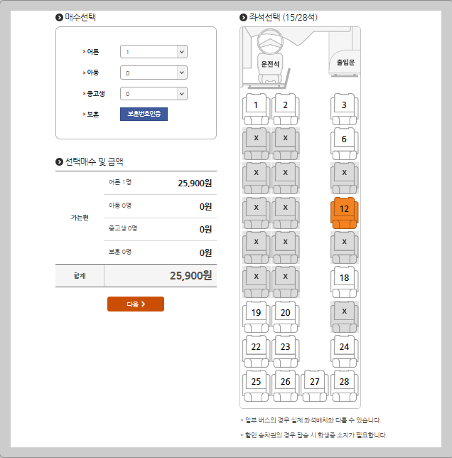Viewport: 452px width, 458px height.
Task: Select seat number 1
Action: click(256, 109)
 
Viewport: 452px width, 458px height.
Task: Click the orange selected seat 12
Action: click(344, 213)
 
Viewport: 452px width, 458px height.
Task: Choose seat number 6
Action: click(344, 144)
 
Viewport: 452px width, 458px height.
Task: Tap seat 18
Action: click(344, 282)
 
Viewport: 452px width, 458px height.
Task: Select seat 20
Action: click(285, 316)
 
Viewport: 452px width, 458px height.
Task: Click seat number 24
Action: click(344, 351)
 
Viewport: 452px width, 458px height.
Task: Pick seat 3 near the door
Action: click(344, 109)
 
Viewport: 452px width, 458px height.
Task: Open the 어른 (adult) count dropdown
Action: click(154, 52)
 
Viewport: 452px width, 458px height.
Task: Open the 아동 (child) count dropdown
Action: click(154, 73)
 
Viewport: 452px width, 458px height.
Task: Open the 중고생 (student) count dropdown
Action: click(154, 94)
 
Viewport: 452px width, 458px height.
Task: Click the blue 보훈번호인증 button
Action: click(144, 114)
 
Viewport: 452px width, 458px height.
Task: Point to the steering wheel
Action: click(270, 41)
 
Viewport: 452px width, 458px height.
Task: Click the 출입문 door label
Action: click(345, 62)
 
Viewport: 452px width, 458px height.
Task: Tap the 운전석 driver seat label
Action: click(270, 64)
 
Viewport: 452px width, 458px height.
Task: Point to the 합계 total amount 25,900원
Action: click(191, 275)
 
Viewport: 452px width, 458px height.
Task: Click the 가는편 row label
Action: click(80, 218)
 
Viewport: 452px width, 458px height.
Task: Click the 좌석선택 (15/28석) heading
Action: click(283, 18)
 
